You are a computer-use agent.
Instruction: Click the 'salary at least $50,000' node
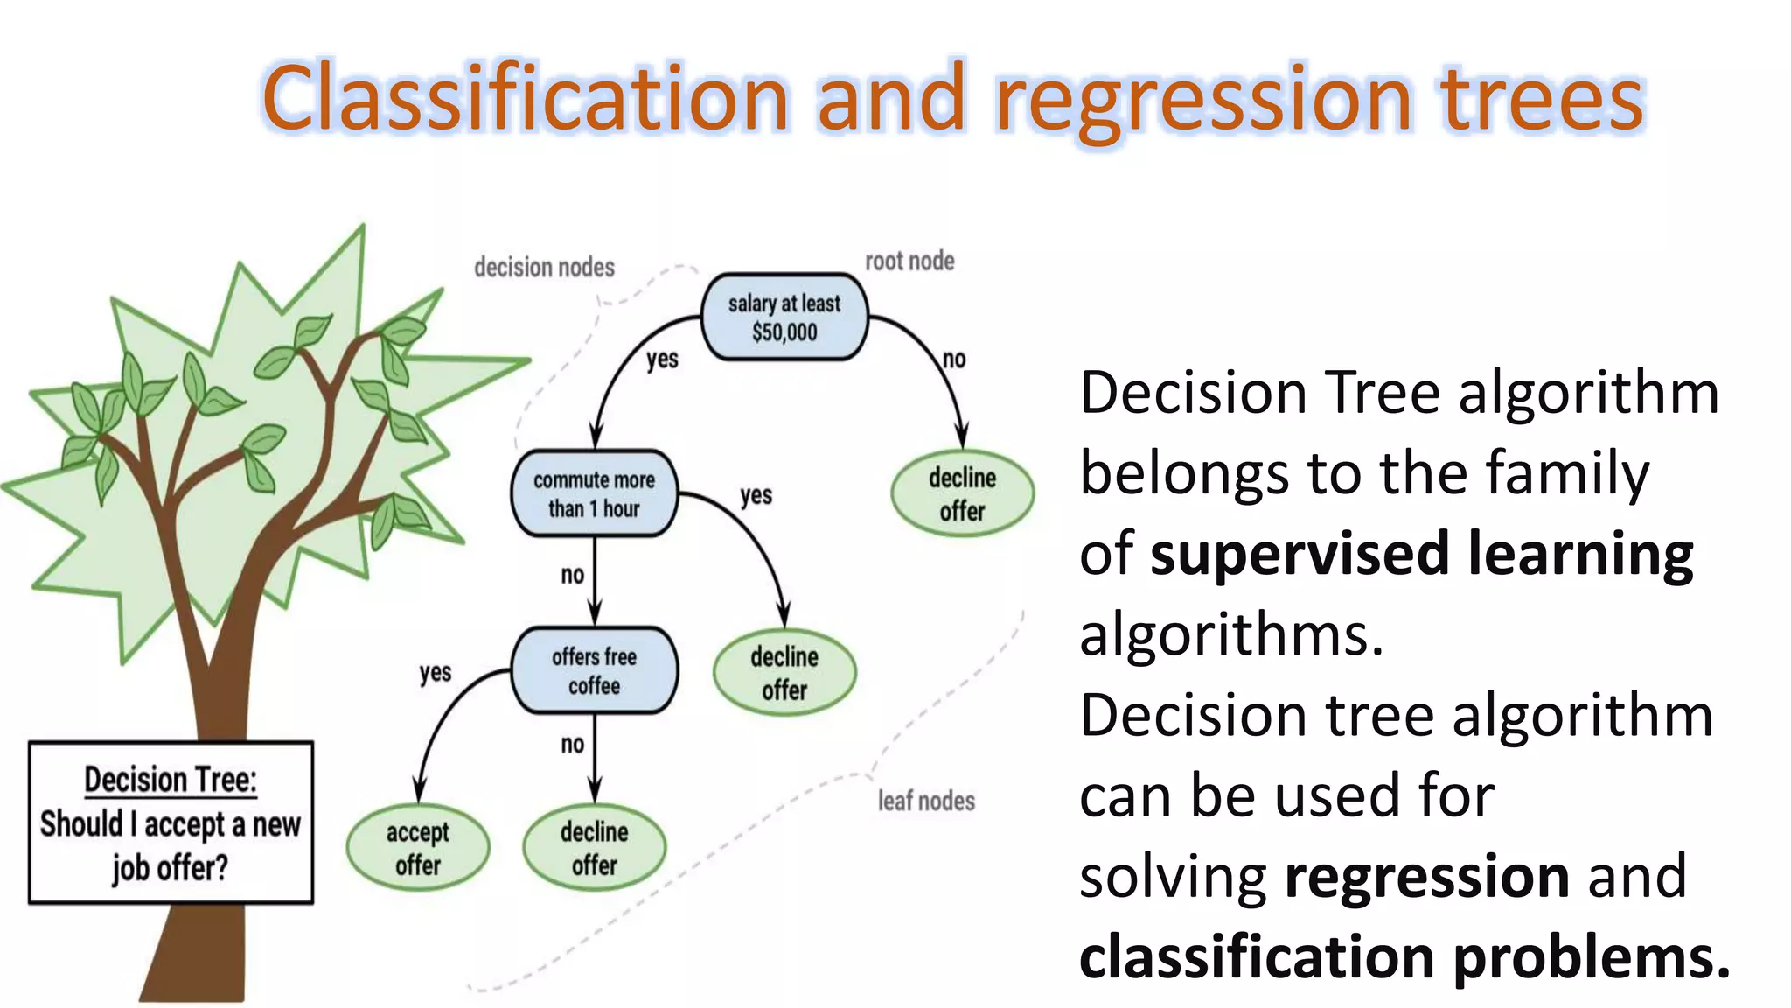click(784, 318)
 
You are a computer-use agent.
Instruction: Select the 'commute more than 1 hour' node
click(594, 494)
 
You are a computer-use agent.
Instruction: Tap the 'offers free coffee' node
click(594, 671)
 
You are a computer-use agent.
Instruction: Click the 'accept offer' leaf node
click(418, 848)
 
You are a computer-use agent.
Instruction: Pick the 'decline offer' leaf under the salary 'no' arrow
click(962, 494)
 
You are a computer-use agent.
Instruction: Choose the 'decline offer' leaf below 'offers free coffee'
click(594, 848)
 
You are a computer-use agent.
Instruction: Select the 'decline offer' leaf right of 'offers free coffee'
click(784, 673)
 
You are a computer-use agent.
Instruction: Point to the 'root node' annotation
click(909, 261)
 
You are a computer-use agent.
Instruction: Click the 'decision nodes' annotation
click(544, 267)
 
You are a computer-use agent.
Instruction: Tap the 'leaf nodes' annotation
click(926, 801)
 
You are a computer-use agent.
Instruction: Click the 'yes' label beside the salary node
click(662, 359)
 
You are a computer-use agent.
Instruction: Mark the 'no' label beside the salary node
click(954, 359)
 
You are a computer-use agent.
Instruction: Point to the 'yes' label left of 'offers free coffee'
click(435, 673)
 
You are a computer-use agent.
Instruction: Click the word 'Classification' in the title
click(525, 98)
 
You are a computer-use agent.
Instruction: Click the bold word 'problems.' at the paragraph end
click(1592, 957)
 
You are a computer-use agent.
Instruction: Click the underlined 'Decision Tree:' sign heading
click(171, 780)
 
